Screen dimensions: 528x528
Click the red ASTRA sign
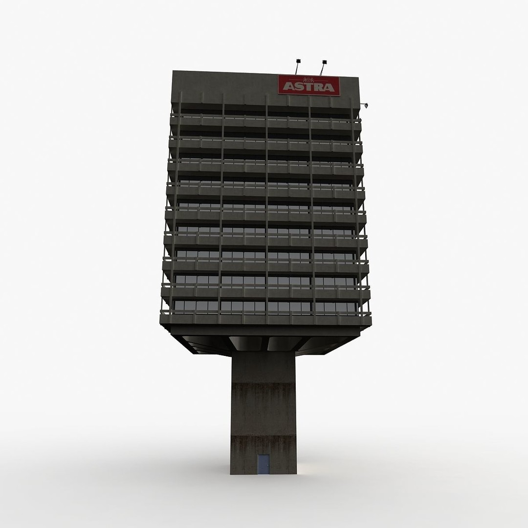309,86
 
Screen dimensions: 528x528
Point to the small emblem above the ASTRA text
308,80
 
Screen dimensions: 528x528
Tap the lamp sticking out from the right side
366,104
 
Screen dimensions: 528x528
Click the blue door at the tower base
263,464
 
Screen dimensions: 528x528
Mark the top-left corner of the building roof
174,72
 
